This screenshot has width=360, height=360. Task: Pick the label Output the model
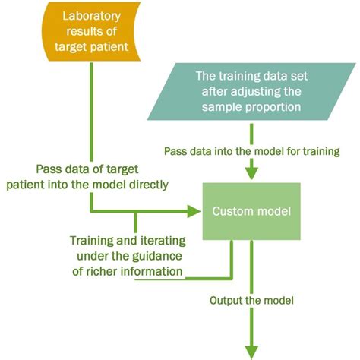(251, 300)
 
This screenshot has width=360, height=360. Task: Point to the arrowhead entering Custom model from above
(247, 174)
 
